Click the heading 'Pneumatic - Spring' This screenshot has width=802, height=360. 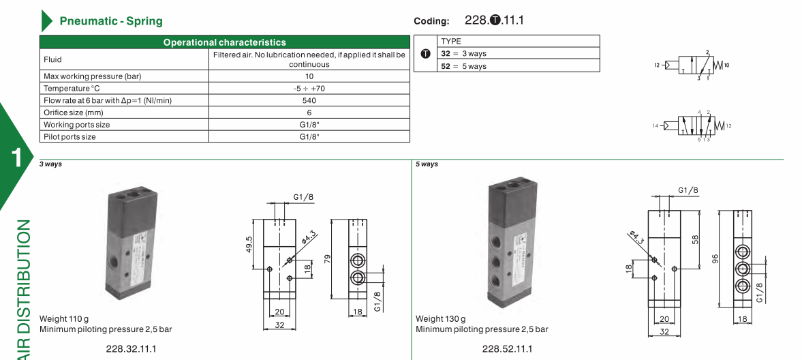(x=111, y=21)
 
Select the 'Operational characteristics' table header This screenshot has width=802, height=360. (x=225, y=42)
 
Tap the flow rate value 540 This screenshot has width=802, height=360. (x=309, y=100)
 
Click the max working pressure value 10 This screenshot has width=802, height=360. (x=309, y=76)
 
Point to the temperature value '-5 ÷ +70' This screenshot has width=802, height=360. (x=309, y=89)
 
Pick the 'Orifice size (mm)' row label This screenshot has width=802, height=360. (x=73, y=112)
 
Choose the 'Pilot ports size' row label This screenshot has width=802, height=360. (x=70, y=137)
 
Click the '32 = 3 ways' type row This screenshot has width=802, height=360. (x=464, y=53)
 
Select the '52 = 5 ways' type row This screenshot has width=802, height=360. (x=464, y=66)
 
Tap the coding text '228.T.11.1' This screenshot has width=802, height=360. (x=494, y=20)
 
